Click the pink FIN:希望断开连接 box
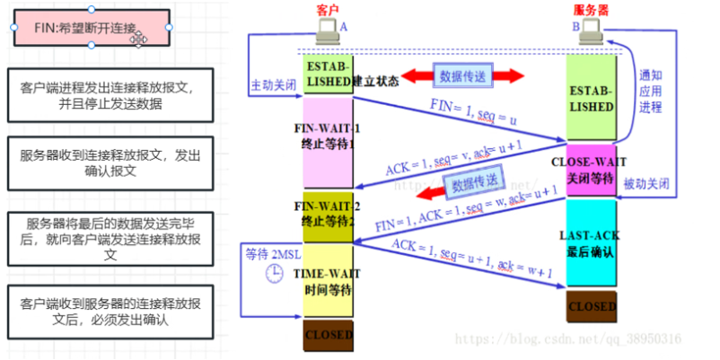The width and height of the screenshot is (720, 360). tap(90, 28)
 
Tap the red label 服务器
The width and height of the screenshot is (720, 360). tap(590, 9)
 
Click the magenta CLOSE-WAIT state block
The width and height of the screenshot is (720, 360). tap(591, 169)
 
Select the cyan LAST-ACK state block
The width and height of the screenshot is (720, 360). tap(591, 242)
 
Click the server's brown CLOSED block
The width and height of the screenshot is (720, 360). tap(591, 306)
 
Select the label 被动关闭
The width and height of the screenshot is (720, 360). tap(646, 183)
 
